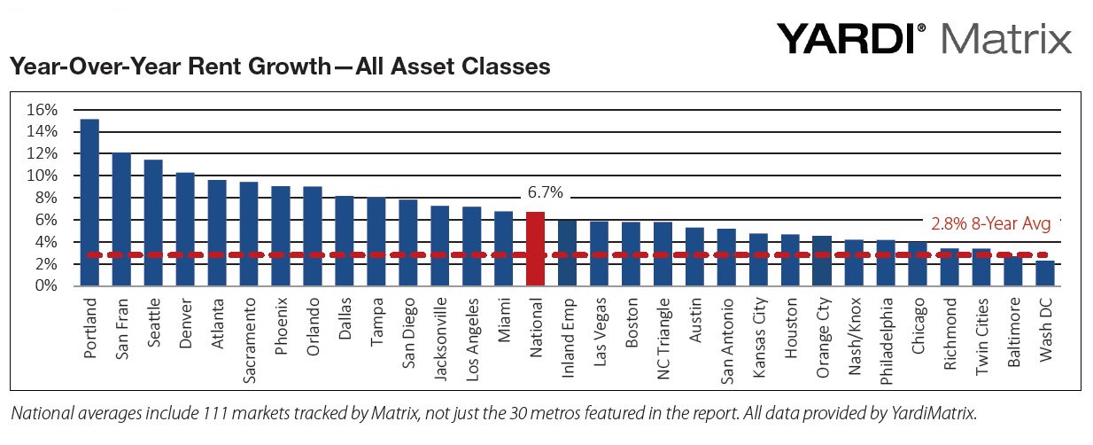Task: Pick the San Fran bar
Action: [x=121, y=219]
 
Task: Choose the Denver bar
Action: [x=185, y=229]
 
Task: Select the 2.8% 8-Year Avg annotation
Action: [x=990, y=224]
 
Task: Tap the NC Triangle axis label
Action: [x=663, y=340]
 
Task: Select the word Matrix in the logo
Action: [x=1007, y=38]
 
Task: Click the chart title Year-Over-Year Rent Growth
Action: [x=279, y=66]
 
